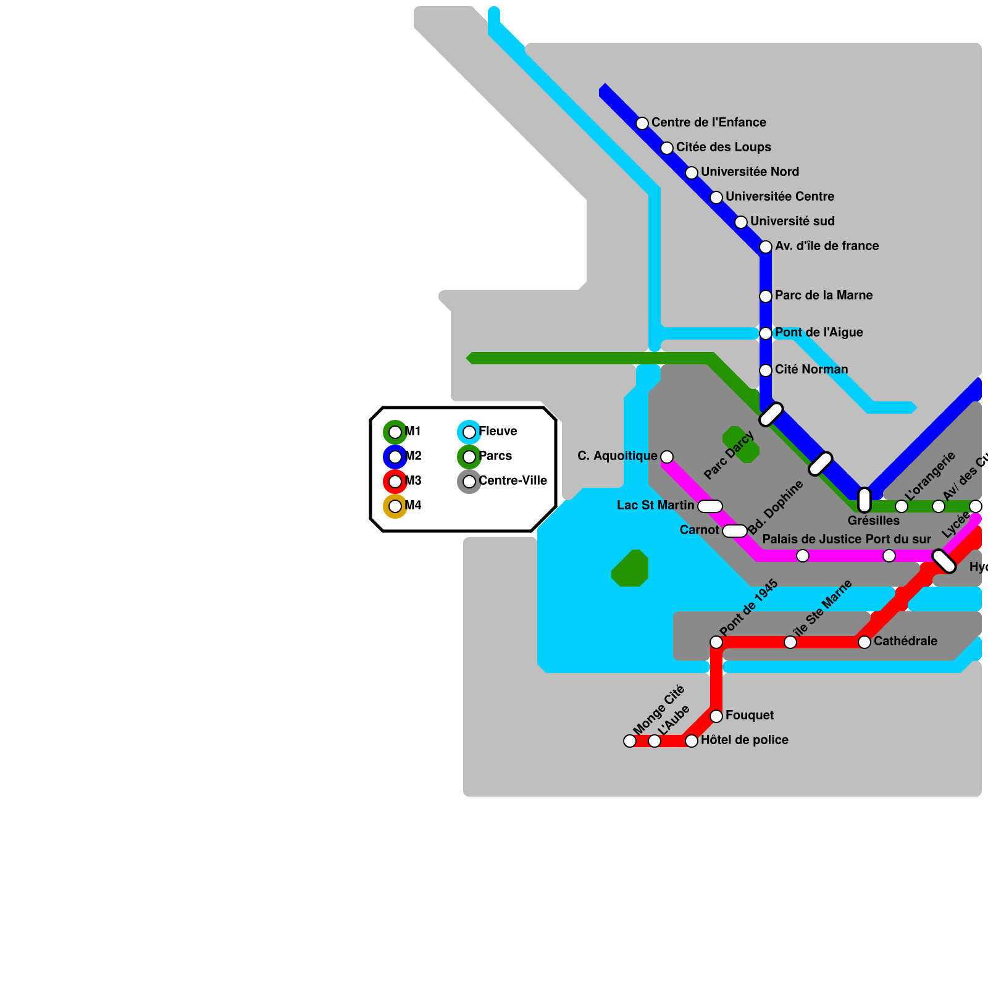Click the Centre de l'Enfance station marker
coord(642,124)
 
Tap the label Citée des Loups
coord(723,147)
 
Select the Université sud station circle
coord(741,222)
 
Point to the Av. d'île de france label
coord(827,246)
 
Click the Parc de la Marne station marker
coord(766,296)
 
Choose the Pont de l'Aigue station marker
coord(766,333)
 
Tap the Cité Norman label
coord(811,369)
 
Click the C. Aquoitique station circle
coord(667,457)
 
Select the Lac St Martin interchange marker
coord(710,506)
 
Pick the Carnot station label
coord(699,530)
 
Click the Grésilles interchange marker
coord(865,500)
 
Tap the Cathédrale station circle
coord(865,642)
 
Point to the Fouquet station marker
coord(716,716)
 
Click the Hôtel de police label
coord(744,740)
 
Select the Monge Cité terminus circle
coord(630,741)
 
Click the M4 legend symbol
coord(395,506)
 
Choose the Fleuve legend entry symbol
coord(469,432)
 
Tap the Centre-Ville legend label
coord(513,480)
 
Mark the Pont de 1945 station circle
coord(716,642)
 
